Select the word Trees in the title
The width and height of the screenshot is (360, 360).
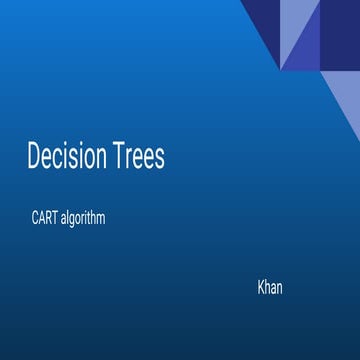(135, 157)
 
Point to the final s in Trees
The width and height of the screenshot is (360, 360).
(159, 159)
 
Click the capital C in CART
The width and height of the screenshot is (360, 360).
(34, 218)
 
